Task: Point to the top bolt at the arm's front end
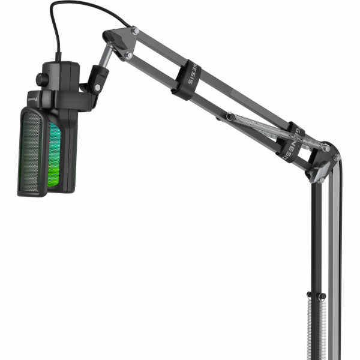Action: (x=135, y=30)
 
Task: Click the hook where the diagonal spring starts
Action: (x=229, y=115)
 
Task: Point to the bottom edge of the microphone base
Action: (x=33, y=193)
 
